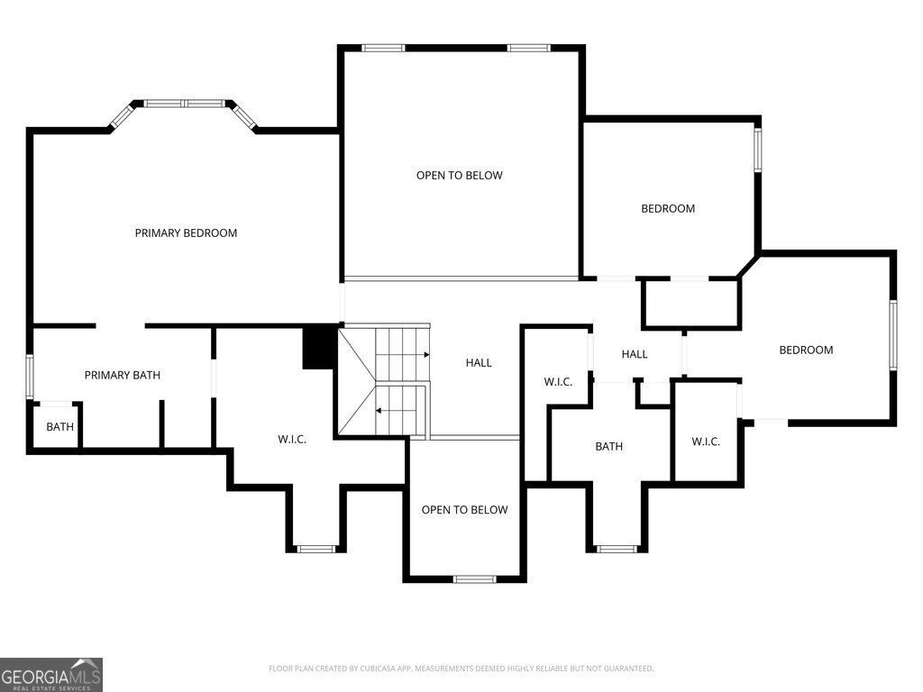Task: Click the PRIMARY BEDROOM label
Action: [x=186, y=233]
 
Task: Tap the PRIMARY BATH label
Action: [x=123, y=375]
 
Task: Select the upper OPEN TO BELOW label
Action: [x=459, y=176]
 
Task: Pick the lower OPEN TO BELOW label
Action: [x=464, y=510]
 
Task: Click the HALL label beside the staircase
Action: [x=479, y=362]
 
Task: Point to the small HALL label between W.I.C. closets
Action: [x=635, y=353]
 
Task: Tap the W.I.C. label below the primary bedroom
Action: [x=292, y=439]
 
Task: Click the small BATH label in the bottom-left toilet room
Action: [x=60, y=426]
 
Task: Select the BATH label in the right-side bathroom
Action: [x=608, y=446]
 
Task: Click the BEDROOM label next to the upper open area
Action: [x=668, y=208]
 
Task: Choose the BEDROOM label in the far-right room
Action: [x=807, y=351]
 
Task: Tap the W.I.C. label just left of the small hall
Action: [x=558, y=382]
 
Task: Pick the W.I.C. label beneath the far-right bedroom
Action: [x=706, y=442]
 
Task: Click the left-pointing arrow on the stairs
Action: [x=401, y=410]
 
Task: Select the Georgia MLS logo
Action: [x=51, y=675]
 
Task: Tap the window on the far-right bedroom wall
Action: [x=893, y=335]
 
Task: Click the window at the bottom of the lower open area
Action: [x=475, y=579]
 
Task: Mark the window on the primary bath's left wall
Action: [x=30, y=377]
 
